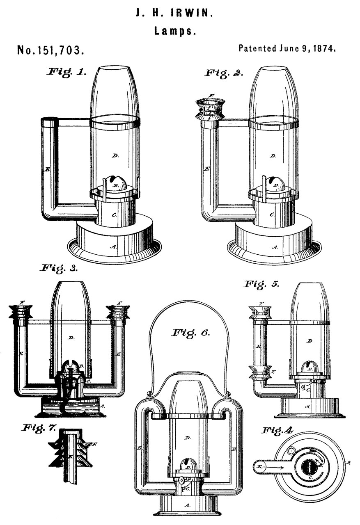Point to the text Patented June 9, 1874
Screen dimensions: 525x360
coord(287,48)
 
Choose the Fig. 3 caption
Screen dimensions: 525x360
coord(59,269)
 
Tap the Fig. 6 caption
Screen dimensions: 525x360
coord(191,332)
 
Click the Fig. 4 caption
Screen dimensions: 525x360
coord(277,431)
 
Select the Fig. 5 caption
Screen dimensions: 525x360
coord(262,284)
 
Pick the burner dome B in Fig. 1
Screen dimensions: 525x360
coord(112,183)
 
